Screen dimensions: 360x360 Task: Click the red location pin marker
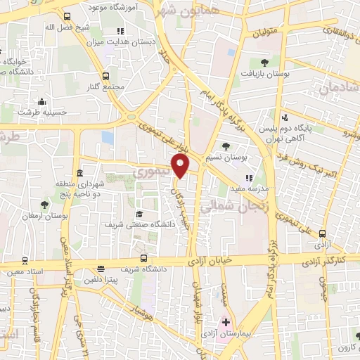181,167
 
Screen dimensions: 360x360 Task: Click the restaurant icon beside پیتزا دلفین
101,268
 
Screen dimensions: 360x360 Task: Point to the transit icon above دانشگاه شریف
143,258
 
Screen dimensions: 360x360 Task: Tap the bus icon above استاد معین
25,259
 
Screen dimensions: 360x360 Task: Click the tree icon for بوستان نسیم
225,146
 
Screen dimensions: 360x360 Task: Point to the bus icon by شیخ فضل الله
66,16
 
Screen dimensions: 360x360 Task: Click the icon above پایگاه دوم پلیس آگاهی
285,117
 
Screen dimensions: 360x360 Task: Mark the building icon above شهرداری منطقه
79,173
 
